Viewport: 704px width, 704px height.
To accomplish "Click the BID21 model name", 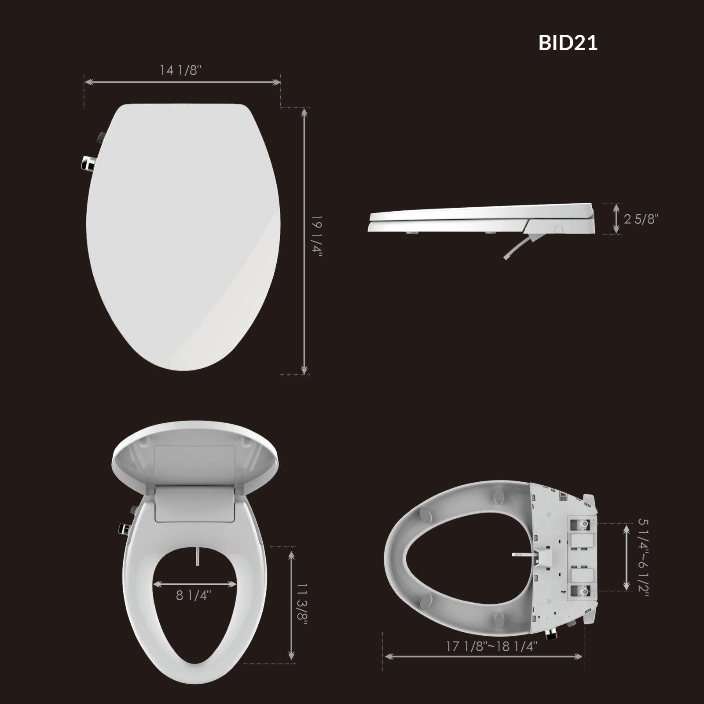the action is pyautogui.click(x=568, y=43).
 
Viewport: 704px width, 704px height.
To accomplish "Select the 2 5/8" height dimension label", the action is pyautogui.click(x=641, y=219).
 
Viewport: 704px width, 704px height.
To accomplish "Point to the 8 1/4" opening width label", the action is pyautogui.click(x=194, y=596).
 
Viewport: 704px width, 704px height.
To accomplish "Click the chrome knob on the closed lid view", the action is pyautogui.click(x=87, y=163).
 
